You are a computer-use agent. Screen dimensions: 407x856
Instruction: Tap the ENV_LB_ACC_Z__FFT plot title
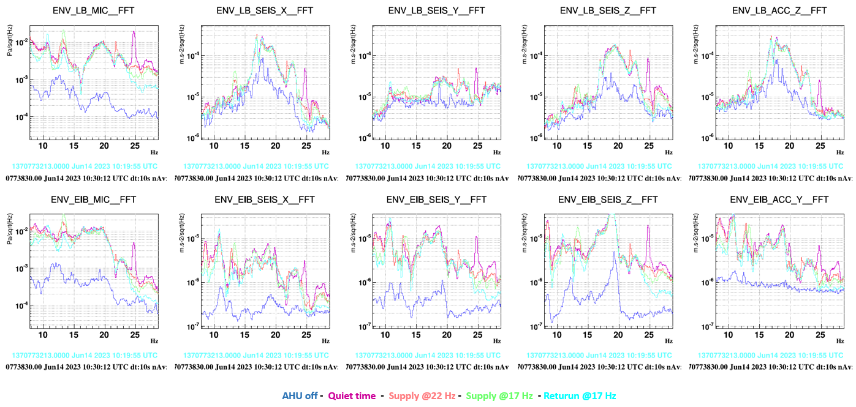(779, 10)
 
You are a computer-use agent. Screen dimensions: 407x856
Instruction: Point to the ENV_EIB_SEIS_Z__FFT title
(608, 200)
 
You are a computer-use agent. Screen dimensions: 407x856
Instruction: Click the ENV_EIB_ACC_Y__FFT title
(779, 200)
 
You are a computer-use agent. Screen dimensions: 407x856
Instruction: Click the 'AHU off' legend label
(300, 395)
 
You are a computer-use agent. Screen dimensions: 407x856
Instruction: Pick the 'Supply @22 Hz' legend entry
(422, 395)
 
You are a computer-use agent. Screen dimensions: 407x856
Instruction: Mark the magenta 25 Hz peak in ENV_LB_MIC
(134, 34)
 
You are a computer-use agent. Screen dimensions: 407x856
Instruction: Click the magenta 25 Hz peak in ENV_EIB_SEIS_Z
(648, 226)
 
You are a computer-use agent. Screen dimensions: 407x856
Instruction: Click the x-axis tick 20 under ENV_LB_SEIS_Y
(447, 146)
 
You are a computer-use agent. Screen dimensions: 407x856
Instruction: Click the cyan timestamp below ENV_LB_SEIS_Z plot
(599, 166)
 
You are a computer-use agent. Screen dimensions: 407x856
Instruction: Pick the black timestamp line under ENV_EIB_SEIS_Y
(427, 367)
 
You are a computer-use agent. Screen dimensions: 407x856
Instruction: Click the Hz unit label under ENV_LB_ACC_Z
(839, 152)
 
